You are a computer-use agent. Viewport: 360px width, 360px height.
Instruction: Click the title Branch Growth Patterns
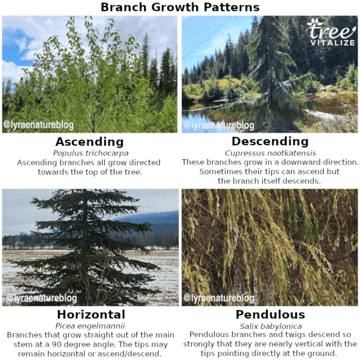[x=180, y=7]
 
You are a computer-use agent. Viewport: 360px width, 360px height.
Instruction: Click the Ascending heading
[x=89, y=142]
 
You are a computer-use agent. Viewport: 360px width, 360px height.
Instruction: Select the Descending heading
[x=270, y=142]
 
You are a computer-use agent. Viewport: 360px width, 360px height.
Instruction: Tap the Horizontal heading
[x=91, y=314]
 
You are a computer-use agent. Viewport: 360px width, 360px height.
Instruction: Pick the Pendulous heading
[x=270, y=314]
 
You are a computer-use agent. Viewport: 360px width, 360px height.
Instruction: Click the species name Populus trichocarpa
[x=90, y=153]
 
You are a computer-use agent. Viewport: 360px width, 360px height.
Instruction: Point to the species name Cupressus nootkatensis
[x=270, y=153]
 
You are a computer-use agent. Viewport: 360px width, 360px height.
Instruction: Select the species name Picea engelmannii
[x=91, y=326]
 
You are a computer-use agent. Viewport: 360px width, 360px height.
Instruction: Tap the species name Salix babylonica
[x=270, y=326]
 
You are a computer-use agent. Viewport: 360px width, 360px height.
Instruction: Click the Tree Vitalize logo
[x=332, y=32]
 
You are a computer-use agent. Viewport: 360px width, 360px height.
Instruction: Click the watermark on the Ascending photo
[x=39, y=125]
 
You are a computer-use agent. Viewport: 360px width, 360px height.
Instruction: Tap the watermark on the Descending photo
[x=219, y=125]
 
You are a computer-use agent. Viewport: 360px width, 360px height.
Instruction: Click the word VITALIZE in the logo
[x=332, y=43]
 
